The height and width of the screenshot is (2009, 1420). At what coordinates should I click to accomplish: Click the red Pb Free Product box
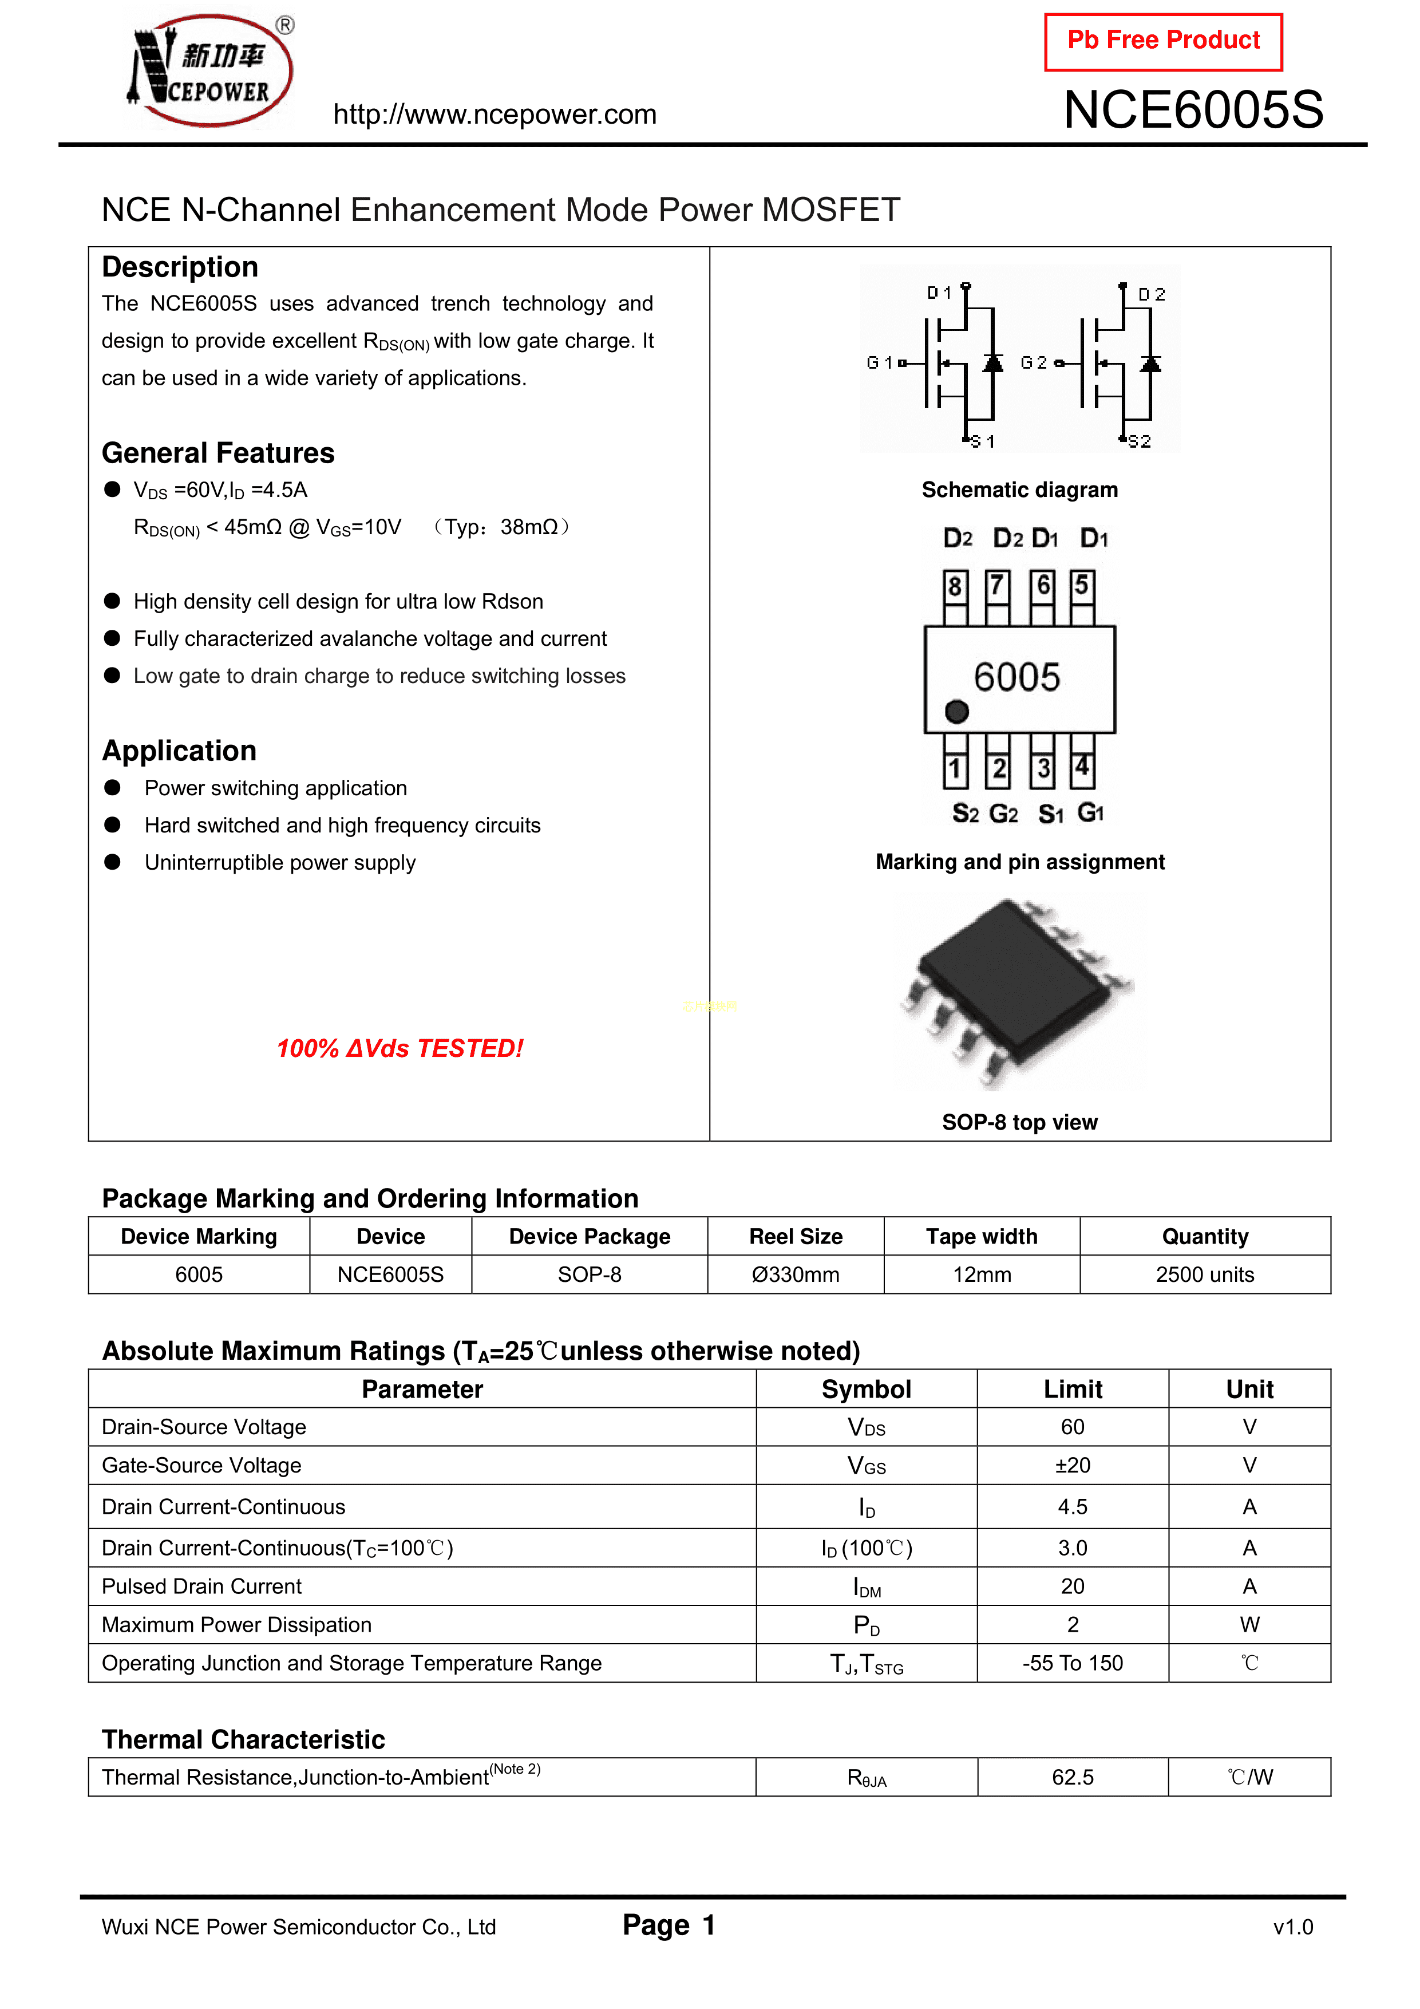(1163, 41)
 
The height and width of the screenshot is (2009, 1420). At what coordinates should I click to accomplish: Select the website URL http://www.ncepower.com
(495, 115)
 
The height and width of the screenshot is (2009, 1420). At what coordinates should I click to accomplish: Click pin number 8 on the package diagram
(955, 585)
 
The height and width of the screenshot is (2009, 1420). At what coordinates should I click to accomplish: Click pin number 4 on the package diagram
(1082, 767)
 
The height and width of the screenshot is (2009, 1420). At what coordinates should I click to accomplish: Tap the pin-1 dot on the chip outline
(957, 712)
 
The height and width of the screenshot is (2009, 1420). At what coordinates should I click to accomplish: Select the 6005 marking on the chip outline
(1016, 677)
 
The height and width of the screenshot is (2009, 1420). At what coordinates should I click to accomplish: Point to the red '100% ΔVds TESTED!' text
(400, 1048)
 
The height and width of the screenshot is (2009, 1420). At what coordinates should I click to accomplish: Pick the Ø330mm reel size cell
(796, 1275)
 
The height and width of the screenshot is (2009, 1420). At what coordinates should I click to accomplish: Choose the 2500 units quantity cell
(1205, 1275)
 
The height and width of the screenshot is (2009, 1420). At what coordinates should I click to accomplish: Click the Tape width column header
(982, 1237)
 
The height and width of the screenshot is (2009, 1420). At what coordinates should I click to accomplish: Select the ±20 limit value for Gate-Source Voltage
(1073, 1466)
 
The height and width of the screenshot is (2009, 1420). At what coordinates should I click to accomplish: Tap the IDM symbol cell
(867, 1587)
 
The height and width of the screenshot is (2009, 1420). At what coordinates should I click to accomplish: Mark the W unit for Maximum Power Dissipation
(1249, 1625)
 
